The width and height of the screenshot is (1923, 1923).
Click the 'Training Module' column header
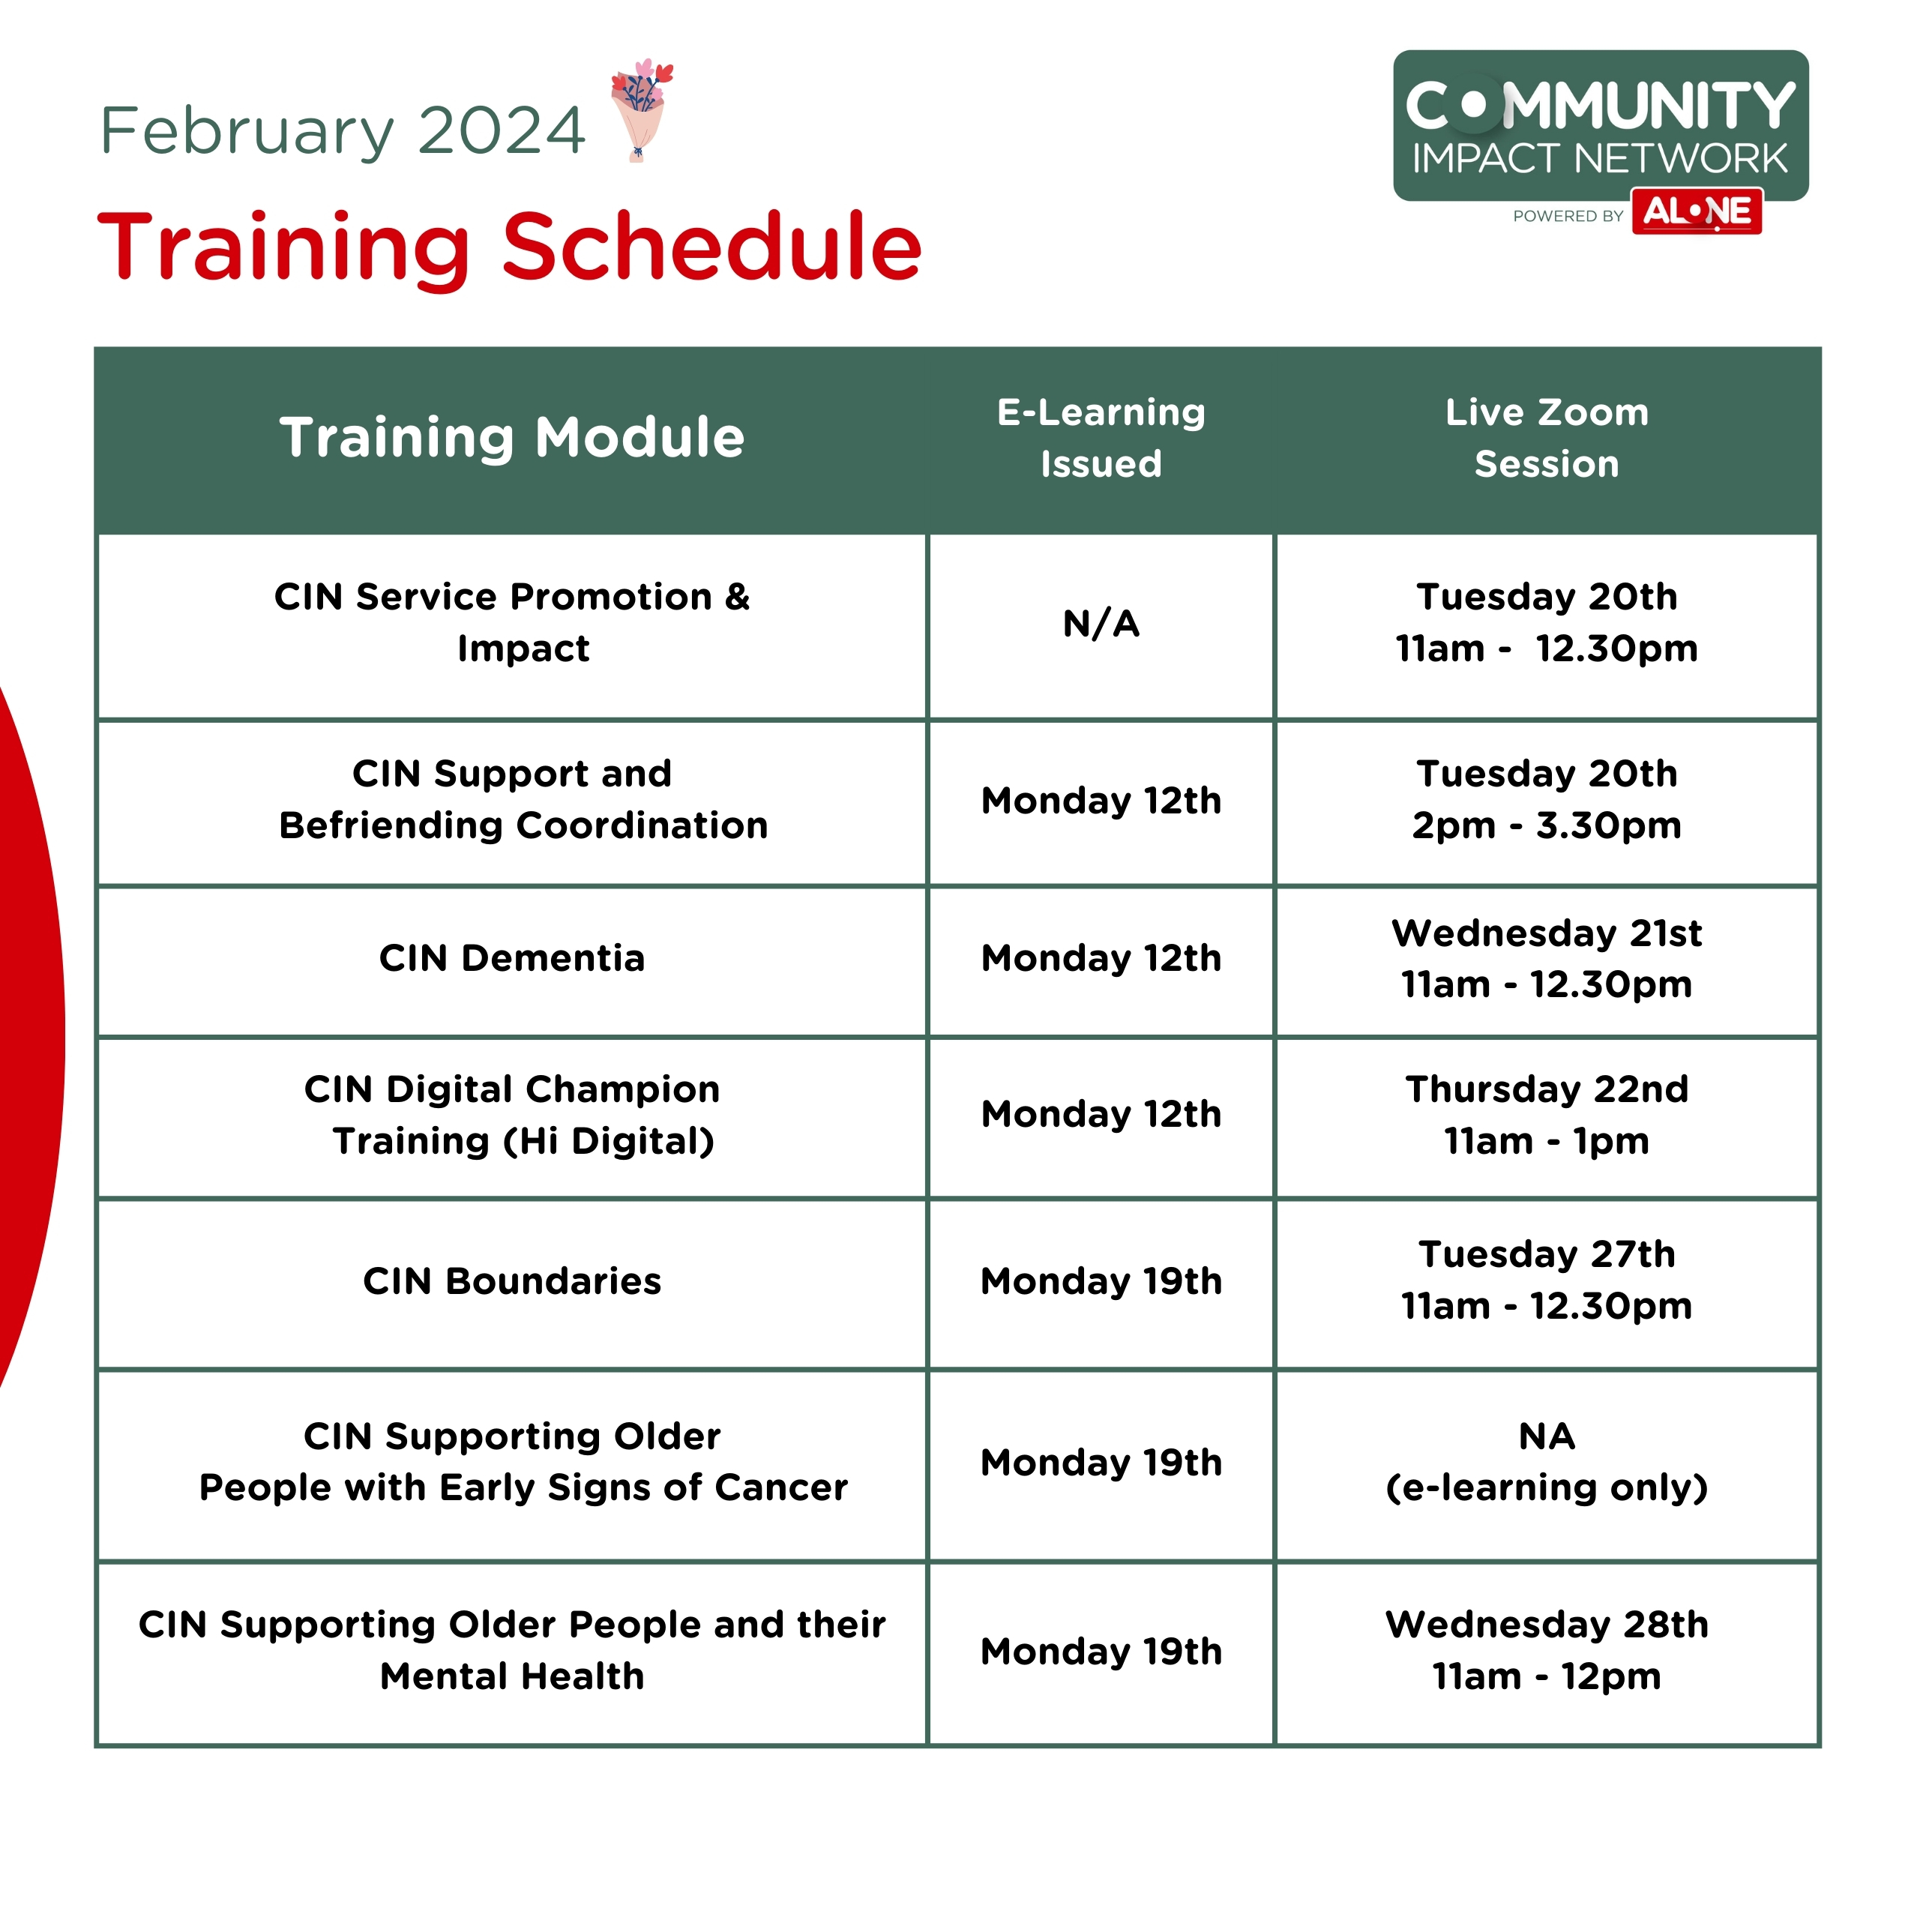[x=511, y=437]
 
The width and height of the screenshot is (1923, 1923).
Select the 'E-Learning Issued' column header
[x=1101, y=438]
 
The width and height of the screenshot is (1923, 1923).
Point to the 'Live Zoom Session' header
[x=1547, y=438]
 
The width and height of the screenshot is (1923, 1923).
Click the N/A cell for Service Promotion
[x=1101, y=624]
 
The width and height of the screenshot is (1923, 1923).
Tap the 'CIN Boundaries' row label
[x=511, y=1281]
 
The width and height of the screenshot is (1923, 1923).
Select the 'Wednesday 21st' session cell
[x=1547, y=959]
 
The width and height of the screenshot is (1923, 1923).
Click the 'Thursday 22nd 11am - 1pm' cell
[x=1547, y=1115]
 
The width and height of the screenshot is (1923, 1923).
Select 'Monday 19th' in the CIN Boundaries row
[x=1101, y=1281]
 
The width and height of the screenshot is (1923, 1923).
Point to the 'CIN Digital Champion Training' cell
[x=511, y=1115]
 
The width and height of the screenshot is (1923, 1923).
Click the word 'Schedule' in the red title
[x=711, y=246]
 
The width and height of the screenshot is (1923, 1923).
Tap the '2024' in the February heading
[x=501, y=130]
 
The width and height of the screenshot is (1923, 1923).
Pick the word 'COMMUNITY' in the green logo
[x=1601, y=106]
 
